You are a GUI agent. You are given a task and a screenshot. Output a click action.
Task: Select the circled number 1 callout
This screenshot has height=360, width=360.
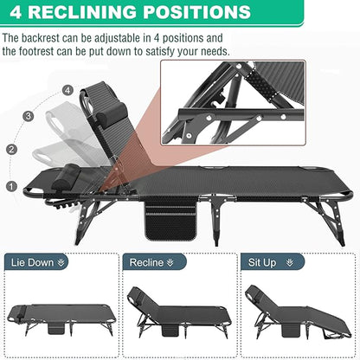11,185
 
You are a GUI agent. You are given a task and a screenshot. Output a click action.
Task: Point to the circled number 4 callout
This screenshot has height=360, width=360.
67,90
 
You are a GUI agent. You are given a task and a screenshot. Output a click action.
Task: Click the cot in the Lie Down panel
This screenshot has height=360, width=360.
61,314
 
